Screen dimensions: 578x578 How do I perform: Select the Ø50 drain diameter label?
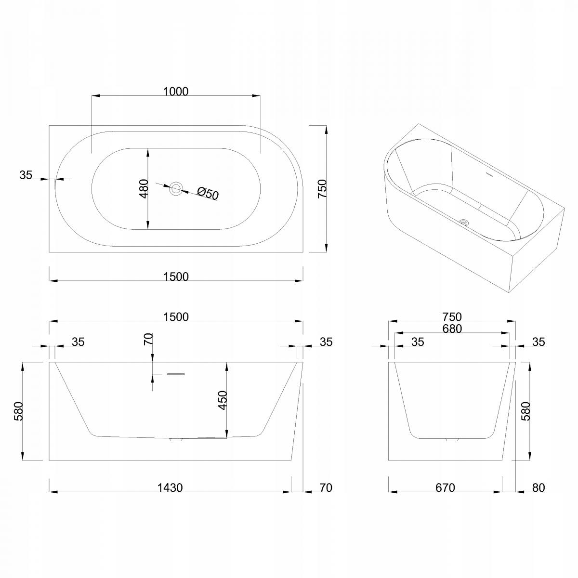point(208,194)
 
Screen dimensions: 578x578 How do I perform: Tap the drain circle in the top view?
point(176,189)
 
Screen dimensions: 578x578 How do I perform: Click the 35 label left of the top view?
point(26,174)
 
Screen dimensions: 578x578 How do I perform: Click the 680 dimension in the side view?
point(452,329)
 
